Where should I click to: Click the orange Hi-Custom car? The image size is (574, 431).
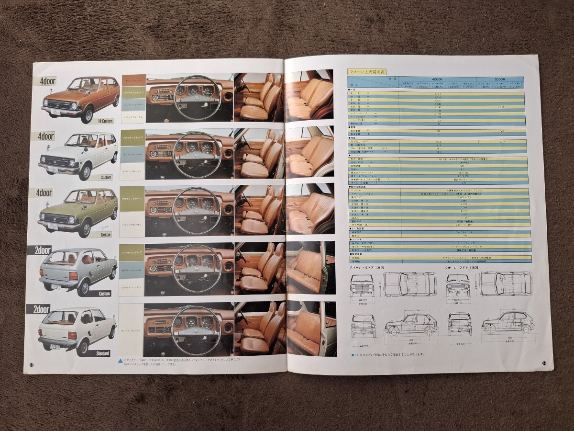click(80, 98)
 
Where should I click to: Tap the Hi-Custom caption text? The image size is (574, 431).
click(103, 122)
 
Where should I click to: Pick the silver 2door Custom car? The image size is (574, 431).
click(78, 271)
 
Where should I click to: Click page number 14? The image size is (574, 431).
click(544, 363)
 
